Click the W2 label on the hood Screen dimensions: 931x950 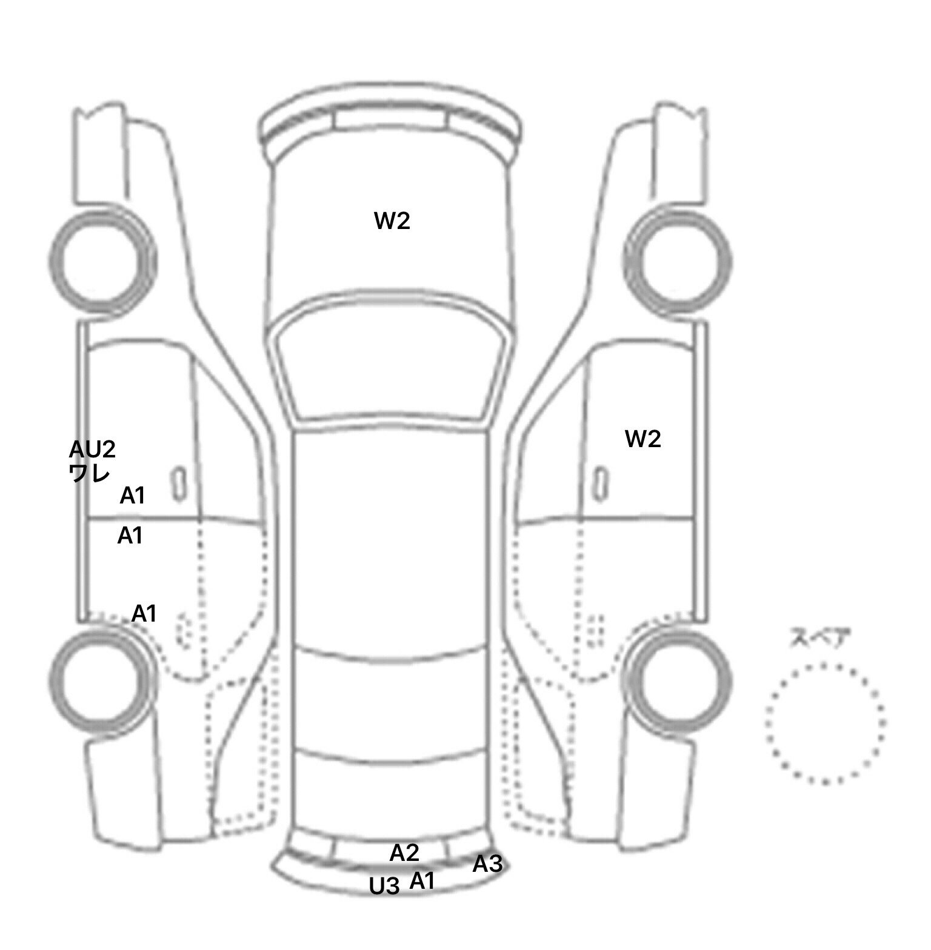tap(392, 221)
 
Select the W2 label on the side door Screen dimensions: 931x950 tap(642, 439)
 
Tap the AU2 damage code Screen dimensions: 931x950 tap(92, 450)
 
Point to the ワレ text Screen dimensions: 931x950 tap(90, 473)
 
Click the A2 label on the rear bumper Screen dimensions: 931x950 tap(404, 853)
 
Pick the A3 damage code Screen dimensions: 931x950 tap(487, 864)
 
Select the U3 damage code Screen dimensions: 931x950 tap(385, 886)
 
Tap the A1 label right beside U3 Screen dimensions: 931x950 tap(422, 881)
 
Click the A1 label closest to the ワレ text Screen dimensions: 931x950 tap(132, 496)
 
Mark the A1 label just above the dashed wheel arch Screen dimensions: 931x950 tap(144, 614)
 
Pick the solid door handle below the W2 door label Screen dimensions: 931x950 tap(600, 483)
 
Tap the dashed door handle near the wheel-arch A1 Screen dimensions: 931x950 tap(182, 630)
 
